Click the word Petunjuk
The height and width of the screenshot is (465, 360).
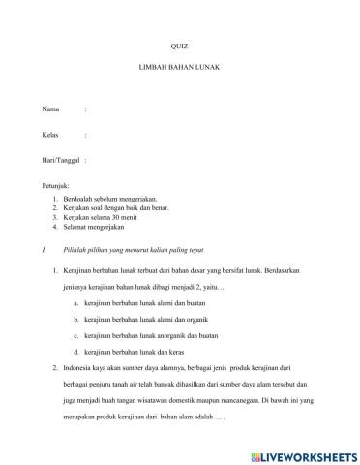click(57, 184)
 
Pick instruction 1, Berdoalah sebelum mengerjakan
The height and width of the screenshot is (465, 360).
click(116, 197)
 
